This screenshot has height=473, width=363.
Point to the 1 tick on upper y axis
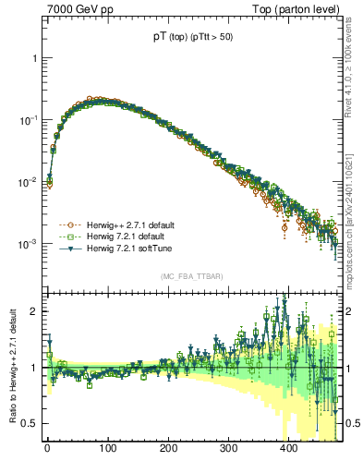point(34,58)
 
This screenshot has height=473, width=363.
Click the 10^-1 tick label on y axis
point(30,120)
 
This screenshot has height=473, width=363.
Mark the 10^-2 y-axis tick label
point(30,182)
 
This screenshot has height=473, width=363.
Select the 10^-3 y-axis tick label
point(30,244)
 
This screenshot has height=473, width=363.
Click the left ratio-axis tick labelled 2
point(34,311)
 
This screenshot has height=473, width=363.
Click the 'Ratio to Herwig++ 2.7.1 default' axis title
point(10,367)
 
